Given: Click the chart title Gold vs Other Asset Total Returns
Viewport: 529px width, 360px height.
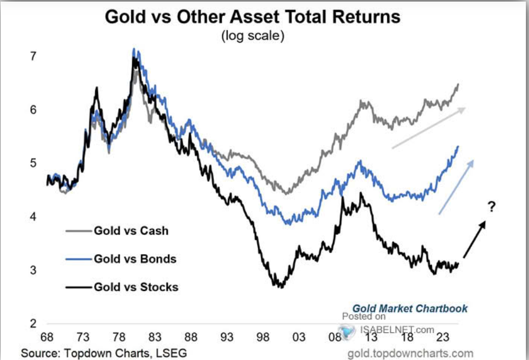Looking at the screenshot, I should click(253, 17).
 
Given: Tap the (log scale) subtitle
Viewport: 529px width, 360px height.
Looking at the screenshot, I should click(253, 37).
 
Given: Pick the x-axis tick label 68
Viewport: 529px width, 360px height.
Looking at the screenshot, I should click(47, 337).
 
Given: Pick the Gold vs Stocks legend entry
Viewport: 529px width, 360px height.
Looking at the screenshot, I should click(136, 287).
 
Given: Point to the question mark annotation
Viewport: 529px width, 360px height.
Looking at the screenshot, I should click(491, 207).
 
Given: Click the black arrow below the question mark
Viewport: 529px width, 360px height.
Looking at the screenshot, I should click(474, 239).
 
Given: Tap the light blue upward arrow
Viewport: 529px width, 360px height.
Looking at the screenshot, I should click(456, 187).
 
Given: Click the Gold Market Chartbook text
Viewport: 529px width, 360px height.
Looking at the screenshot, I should click(410, 308).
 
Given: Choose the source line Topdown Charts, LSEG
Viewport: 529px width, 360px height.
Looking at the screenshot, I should click(103, 353).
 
